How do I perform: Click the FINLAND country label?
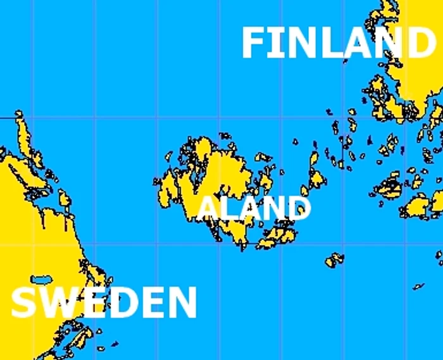337,43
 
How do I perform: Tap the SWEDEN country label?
104,302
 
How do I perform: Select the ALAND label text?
254,208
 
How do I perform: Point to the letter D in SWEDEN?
120,302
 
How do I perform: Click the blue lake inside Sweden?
41,279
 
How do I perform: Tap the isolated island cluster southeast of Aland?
334,259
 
